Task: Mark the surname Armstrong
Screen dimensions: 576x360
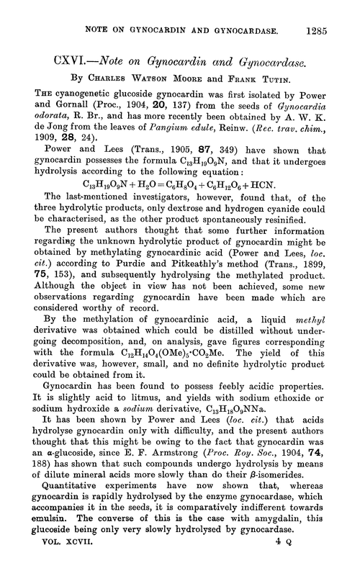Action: [x=165, y=454]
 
